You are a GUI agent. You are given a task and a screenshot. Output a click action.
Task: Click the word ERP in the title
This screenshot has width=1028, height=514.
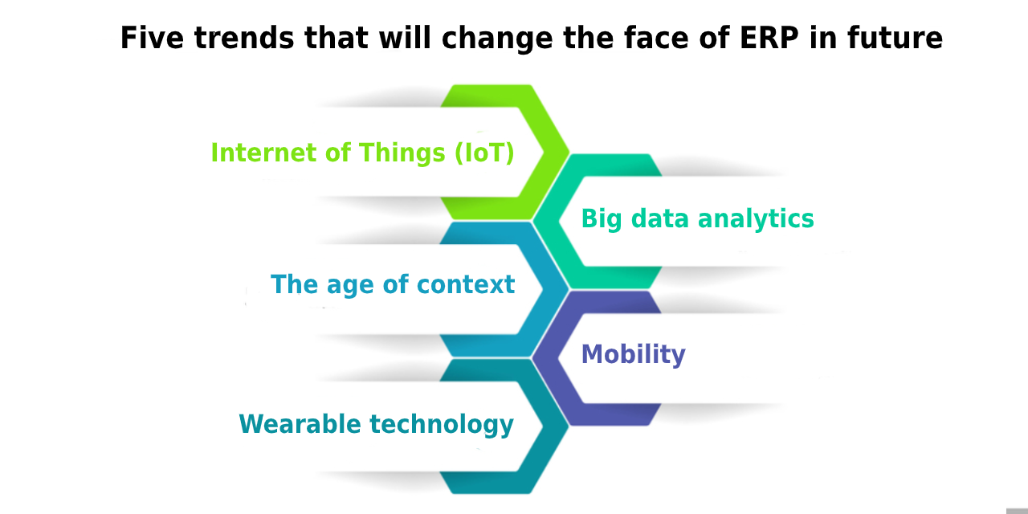(769, 38)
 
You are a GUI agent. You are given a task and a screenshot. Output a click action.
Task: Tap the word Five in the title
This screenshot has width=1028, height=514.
(152, 37)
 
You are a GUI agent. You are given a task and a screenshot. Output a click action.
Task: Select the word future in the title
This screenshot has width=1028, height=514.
(895, 38)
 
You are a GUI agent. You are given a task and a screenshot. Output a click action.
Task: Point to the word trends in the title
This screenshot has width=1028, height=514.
(244, 38)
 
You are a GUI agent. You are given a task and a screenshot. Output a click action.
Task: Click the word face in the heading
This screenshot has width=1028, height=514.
(656, 38)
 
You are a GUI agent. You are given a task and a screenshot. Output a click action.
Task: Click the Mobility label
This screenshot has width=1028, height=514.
(634, 354)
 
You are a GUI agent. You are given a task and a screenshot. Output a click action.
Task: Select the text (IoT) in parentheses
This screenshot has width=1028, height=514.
(484, 153)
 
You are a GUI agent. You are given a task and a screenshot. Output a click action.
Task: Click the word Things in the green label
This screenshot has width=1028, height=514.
(402, 153)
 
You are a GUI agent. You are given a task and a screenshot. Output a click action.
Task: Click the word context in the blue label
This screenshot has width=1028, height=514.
(466, 284)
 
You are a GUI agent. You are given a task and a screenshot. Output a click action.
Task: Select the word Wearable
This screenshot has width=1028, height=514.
(300, 423)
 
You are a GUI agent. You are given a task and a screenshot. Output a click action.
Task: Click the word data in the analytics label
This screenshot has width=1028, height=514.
(660, 218)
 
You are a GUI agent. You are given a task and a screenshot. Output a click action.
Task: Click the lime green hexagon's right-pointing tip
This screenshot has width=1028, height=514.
(569, 152)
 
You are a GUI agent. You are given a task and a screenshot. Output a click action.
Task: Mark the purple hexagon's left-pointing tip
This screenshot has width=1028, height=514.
(532, 357)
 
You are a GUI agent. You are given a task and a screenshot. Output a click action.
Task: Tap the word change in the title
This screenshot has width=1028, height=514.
(497, 38)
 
